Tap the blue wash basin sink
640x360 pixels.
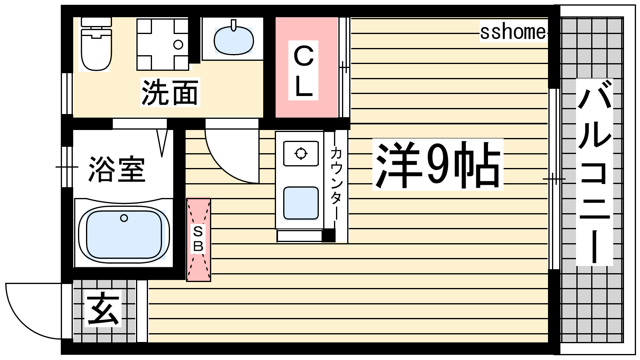(234, 40)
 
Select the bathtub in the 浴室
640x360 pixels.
(124, 234)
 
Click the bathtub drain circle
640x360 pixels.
(124, 218)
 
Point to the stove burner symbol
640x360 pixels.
(301, 154)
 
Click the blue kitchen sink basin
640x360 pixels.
(301, 203)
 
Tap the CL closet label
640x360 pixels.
(304, 70)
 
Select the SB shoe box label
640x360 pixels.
(198, 239)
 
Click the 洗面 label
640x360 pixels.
(170, 92)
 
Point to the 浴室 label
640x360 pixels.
(117, 169)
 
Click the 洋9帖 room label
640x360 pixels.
(438, 165)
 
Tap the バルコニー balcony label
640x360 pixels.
(594, 172)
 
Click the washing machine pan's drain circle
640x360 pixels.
(178, 44)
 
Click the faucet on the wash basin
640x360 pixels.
(234, 25)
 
